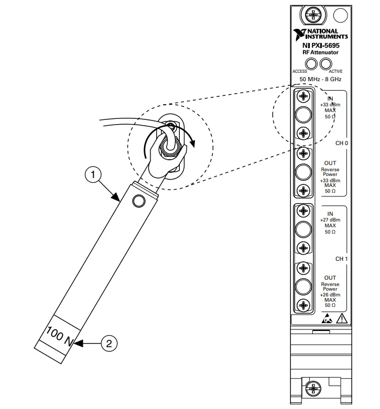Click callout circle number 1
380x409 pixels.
click(x=93, y=175)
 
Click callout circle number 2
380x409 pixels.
click(x=109, y=343)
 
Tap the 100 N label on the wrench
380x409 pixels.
click(x=60, y=336)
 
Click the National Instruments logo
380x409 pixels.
click(x=320, y=35)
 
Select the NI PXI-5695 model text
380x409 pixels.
click(x=321, y=46)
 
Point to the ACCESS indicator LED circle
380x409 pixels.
click(x=311, y=64)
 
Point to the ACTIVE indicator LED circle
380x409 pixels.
click(x=326, y=64)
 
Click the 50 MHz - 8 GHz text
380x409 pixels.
click(x=320, y=79)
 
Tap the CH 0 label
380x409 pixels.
click(x=342, y=143)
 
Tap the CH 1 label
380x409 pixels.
click(x=342, y=259)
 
